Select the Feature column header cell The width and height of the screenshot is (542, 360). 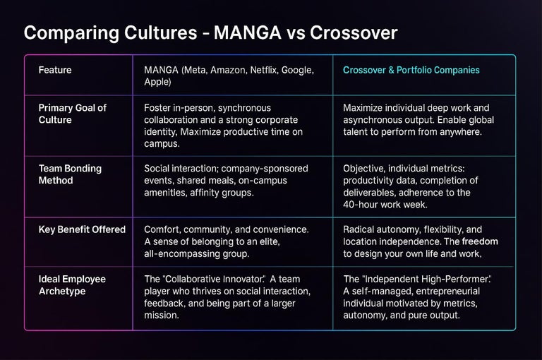(x=55, y=71)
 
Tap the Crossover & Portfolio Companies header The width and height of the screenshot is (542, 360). (x=411, y=71)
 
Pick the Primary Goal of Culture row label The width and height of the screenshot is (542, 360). (x=73, y=114)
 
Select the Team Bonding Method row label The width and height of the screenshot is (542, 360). (x=71, y=174)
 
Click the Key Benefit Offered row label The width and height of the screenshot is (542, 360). (x=83, y=229)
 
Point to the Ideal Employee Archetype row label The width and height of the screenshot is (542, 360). (x=73, y=285)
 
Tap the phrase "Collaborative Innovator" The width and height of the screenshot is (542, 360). (x=210, y=280)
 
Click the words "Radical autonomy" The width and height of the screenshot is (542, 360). (x=381, y=229)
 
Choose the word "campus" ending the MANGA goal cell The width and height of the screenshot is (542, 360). (x=161, y=144)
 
